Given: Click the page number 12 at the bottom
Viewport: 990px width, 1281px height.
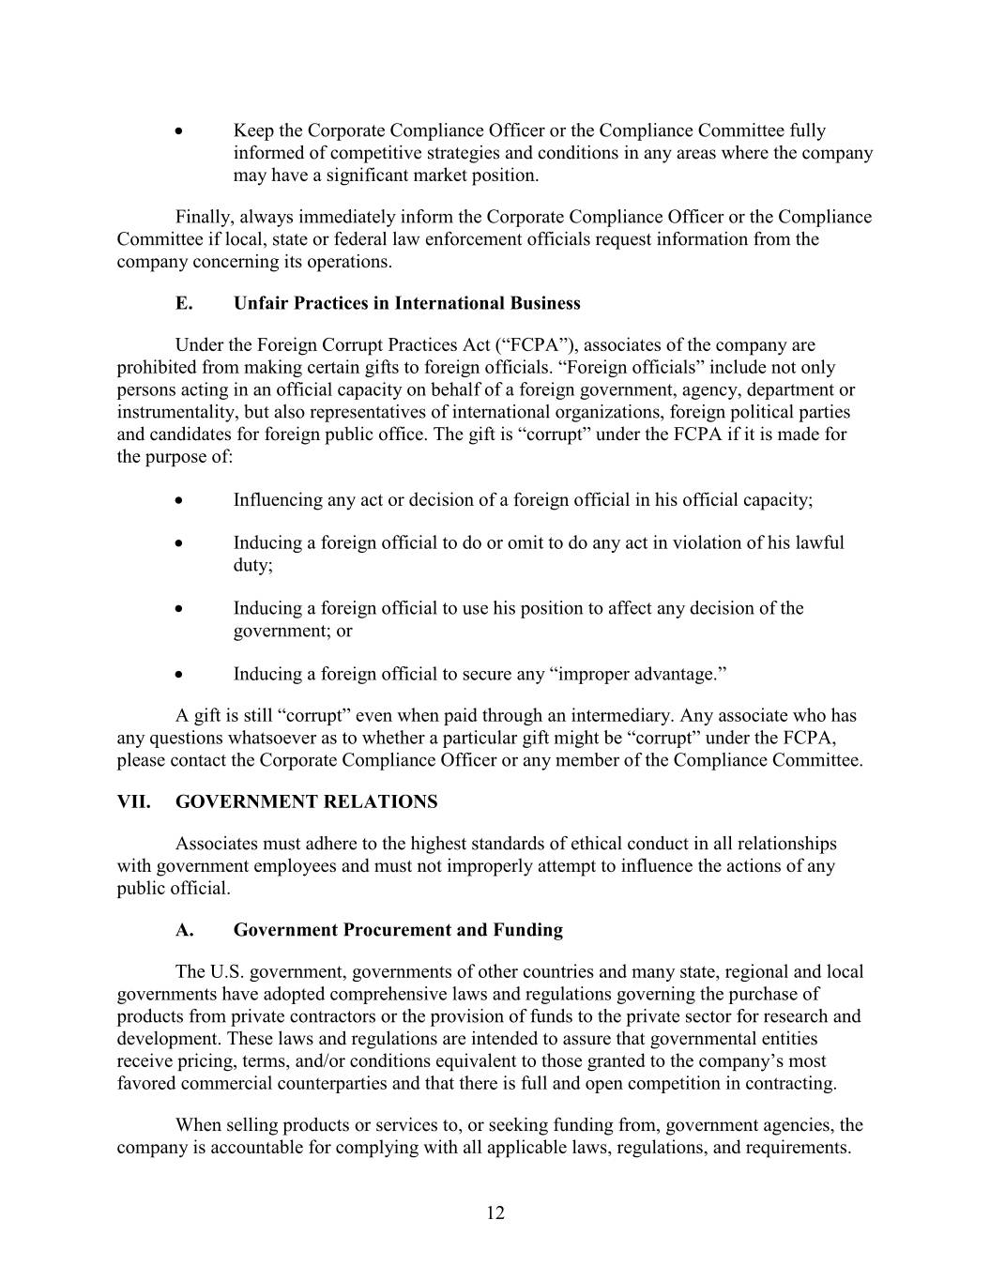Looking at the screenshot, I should click(495, 1213).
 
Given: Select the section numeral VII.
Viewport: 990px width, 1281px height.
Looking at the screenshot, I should click(134, 802).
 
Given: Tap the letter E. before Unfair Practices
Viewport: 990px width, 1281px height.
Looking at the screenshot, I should click(184, 303).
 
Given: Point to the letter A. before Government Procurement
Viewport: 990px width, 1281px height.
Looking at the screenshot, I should click(185, 930).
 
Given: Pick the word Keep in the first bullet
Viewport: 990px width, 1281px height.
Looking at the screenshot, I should click(251, 131).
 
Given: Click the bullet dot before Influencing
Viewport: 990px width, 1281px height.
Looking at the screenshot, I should click(179, 501).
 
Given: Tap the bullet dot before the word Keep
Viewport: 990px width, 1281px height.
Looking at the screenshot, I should click(179, 131).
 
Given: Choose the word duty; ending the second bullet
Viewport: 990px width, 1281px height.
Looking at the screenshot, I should click(252, 566).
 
